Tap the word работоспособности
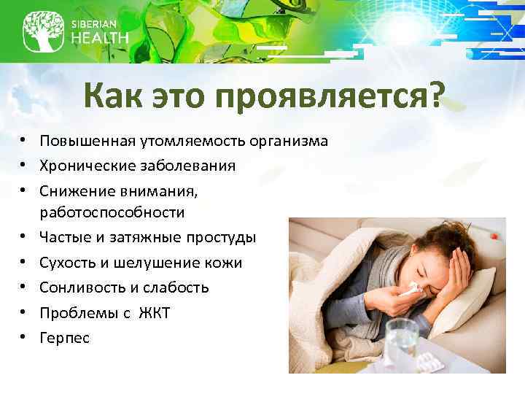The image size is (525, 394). (112, 213)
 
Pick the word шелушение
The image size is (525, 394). (170, 263)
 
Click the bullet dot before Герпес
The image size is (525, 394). (24, 338)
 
